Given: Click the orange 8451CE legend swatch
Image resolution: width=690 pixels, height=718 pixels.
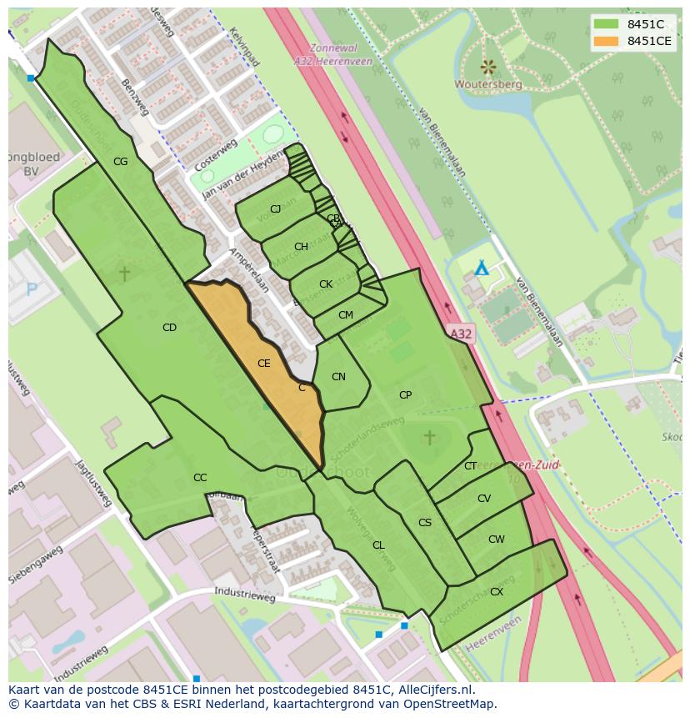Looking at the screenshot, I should [x=606, y=41].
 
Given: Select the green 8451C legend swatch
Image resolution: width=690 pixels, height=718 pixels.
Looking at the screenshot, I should [x=606, y=24].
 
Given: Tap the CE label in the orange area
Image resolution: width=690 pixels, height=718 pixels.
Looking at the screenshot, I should [x=263, y=364].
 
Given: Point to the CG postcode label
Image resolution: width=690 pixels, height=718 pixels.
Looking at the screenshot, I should [x=120, y=162].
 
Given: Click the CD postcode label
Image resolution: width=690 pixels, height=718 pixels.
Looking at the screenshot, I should [x=169, y=328].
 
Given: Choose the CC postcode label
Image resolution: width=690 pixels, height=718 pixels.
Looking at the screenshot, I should [x=200, y=478].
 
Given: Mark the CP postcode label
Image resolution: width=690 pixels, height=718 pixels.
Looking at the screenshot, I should [x=405, y=395].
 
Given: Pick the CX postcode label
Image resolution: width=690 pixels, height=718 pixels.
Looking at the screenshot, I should [x=496, y=592].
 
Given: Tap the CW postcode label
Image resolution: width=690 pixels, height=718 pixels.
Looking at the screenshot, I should [x=496, y=540].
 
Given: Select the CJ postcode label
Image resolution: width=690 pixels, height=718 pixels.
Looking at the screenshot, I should [x=275, y=209].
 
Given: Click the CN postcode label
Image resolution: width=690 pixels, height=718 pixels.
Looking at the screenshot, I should [x=338, y=377].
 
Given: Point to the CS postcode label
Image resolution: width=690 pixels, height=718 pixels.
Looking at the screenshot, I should [x=425, y=523].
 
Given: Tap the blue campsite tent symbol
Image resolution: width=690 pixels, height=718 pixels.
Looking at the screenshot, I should [x=481, y=269].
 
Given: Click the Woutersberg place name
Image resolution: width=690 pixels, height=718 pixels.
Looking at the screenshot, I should [x=488, y=84].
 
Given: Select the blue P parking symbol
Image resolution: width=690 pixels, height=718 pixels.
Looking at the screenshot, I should [x=32, y=289].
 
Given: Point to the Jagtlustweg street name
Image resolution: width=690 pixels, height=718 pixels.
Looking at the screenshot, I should [x=93, y=483].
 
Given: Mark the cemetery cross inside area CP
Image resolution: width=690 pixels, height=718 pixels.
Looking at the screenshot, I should [x=429, y=437].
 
